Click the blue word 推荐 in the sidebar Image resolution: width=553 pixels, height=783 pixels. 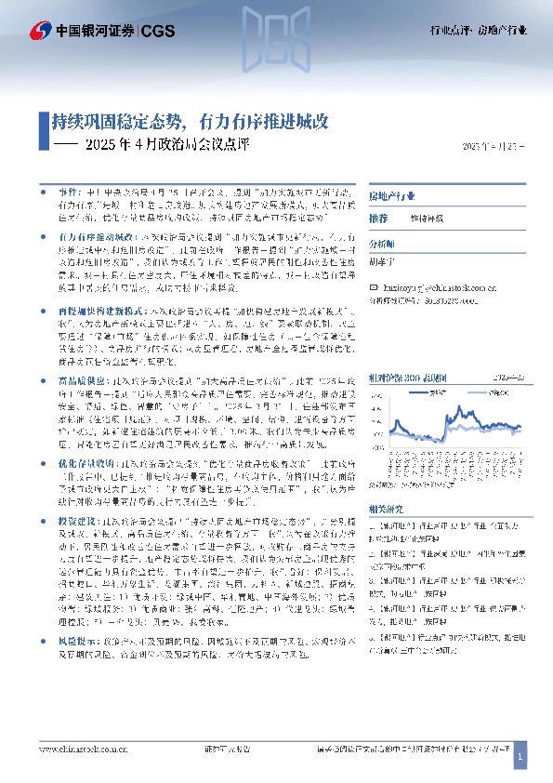click(377, 218)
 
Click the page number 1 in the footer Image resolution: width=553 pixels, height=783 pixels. click(520, 759)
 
